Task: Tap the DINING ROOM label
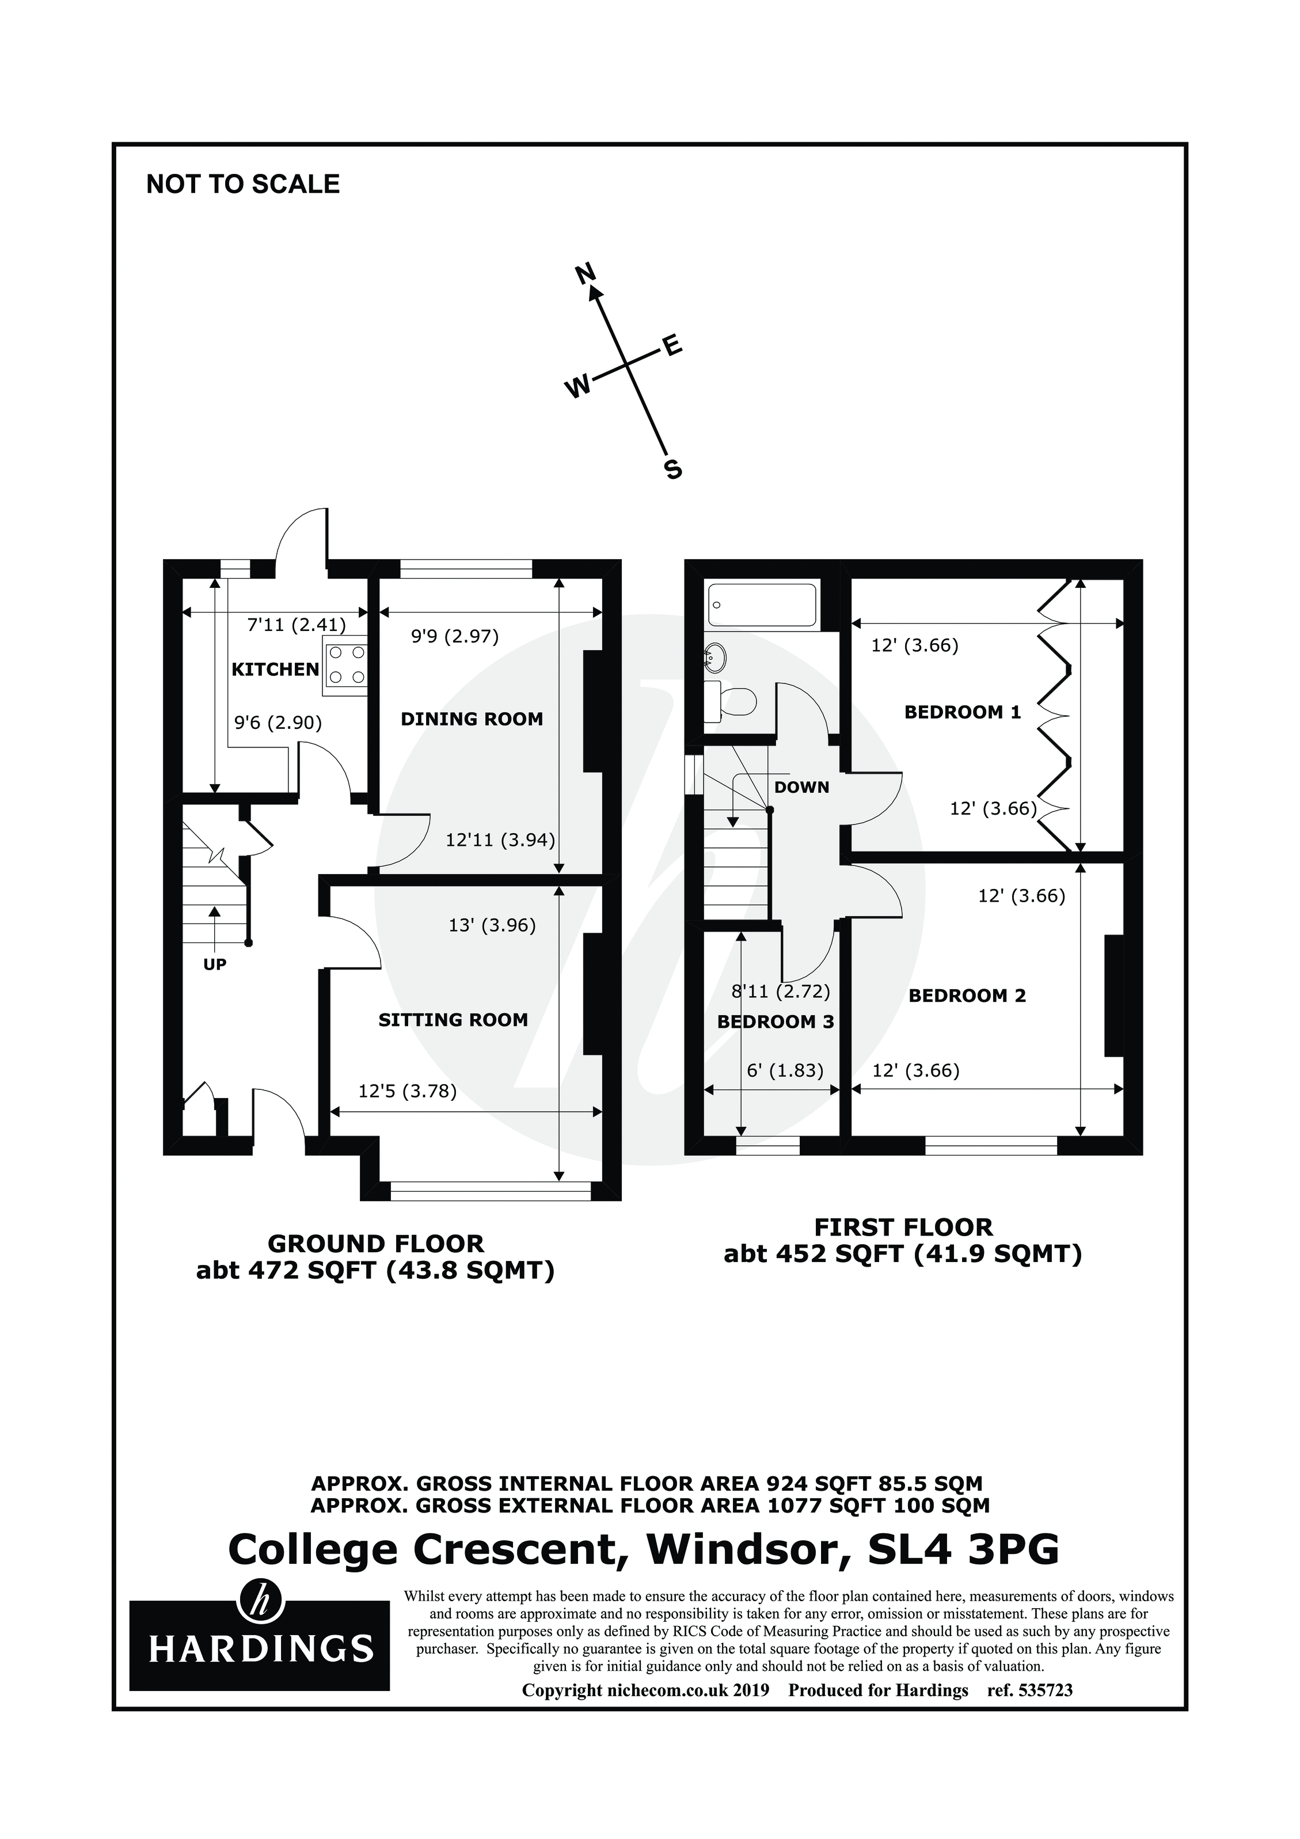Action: click(x=471, y=719)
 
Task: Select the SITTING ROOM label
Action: click(x=453, y=1020)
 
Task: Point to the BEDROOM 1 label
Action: click(x=962, y=712)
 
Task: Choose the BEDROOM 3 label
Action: click(x=776, y=1022)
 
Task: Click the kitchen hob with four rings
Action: click(x=346, y=665)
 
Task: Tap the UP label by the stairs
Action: click(x=215, y=964)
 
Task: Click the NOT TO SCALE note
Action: click(x=243, y=184)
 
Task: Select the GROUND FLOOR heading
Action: click(x=375, y=1244)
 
